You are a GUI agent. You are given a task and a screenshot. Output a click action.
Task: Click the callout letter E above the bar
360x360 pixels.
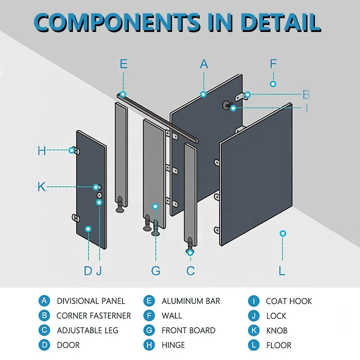tap(124, 64)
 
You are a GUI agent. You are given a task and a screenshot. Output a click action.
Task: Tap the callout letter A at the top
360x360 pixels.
tap(204, 64)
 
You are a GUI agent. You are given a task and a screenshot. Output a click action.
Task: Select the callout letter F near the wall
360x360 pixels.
tap(273, 64)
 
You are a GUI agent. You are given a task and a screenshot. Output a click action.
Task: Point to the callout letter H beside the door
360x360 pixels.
tap(42, 150)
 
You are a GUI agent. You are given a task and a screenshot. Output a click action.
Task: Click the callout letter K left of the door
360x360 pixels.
tap(41, 187)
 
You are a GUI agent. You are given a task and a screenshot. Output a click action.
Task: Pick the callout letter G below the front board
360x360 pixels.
tap(156, 270)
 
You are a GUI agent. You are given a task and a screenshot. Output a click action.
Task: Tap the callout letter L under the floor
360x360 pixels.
tap(282, 270)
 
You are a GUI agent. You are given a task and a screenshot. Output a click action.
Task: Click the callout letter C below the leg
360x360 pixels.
tap(190, 270)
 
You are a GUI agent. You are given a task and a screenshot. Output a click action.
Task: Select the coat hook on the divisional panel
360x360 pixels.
tap(226, 104)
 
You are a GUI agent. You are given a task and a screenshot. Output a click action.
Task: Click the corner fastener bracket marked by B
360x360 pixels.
tap(241, 96)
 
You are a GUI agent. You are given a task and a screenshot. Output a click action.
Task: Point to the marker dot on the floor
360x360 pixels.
tap(283, 233)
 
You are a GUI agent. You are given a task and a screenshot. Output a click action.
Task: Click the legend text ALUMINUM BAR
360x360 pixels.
tap(191, 301)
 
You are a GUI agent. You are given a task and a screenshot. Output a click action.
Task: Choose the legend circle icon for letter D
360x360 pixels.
tap(44, 345)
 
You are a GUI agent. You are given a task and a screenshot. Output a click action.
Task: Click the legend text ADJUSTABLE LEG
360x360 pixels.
tap(87, 330)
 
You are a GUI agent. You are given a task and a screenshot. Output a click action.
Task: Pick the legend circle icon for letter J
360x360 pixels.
tap(254, 316)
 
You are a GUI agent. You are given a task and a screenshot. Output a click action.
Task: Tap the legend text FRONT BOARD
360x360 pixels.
tap(189, 330)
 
